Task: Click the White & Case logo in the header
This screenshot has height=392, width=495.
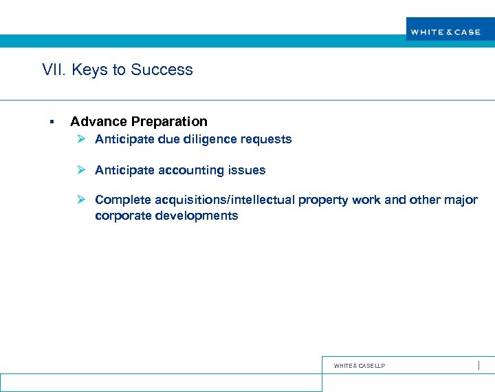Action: coord(445,32)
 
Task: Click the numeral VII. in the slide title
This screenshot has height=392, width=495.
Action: coord(52,70)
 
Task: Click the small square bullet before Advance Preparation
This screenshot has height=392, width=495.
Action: coord(52,122)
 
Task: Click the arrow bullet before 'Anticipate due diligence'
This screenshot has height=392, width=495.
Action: coord(80,139)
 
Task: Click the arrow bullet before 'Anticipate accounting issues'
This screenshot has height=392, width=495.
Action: coord(80,169)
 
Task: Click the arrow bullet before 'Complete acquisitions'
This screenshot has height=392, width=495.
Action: coord(80,200)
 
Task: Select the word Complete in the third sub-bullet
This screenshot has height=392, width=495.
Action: coord(122,200)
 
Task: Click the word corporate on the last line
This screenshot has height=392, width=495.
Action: coord(123,216)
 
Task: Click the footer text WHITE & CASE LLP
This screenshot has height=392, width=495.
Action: coord(359,366)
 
